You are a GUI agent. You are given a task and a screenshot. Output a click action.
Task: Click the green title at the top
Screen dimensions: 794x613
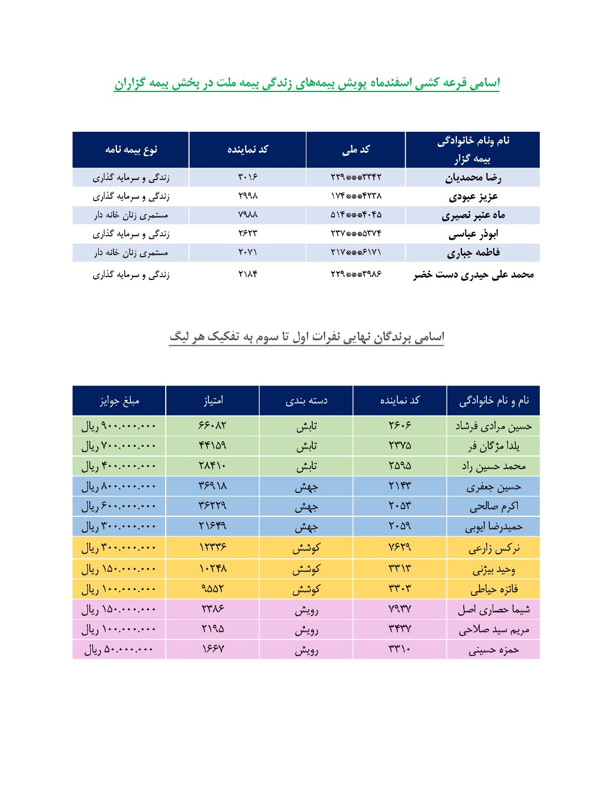(306, 83)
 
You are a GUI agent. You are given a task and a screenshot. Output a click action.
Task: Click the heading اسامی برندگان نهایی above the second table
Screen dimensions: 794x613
(306, 337)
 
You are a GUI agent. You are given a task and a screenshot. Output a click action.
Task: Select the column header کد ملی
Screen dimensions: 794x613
(356, 149)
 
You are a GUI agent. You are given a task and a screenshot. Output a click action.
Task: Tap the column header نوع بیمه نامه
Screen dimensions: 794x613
(131, 149)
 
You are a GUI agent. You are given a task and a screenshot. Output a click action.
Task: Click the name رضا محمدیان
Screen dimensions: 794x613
(473, 178)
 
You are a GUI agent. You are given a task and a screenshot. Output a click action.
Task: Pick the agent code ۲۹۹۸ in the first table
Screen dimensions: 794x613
(247, 196)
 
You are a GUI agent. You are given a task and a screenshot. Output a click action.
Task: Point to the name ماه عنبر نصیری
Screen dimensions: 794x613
(473, 215)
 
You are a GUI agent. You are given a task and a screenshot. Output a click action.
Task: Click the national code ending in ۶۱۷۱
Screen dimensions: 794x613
(356, 252)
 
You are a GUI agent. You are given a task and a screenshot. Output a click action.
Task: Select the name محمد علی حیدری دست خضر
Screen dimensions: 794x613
(473, 275)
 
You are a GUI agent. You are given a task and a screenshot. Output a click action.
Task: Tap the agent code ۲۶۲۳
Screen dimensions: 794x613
(247, 233)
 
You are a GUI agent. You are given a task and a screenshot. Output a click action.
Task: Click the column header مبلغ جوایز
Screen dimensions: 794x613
(119, 400)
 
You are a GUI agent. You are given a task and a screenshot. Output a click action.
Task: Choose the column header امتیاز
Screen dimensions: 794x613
(213, 400)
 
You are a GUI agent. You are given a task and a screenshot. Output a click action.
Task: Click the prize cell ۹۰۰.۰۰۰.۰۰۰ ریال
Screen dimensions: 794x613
(119, 426)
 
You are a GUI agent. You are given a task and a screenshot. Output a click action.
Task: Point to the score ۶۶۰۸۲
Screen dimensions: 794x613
(213, 425)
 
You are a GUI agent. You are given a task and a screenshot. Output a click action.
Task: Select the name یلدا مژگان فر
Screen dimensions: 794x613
(493, 446)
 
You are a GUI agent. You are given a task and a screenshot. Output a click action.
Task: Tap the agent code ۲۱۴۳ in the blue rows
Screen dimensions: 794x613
(400, 486)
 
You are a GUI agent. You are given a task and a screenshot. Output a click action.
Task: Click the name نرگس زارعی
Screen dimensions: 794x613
(493, 548)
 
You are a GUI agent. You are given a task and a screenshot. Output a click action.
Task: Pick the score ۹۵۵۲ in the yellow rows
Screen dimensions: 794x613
(213, 589)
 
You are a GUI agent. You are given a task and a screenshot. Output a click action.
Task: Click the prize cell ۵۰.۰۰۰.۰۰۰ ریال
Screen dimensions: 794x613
(119, 650)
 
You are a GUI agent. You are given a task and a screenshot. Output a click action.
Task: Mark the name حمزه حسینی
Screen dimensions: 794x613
(493, 650)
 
